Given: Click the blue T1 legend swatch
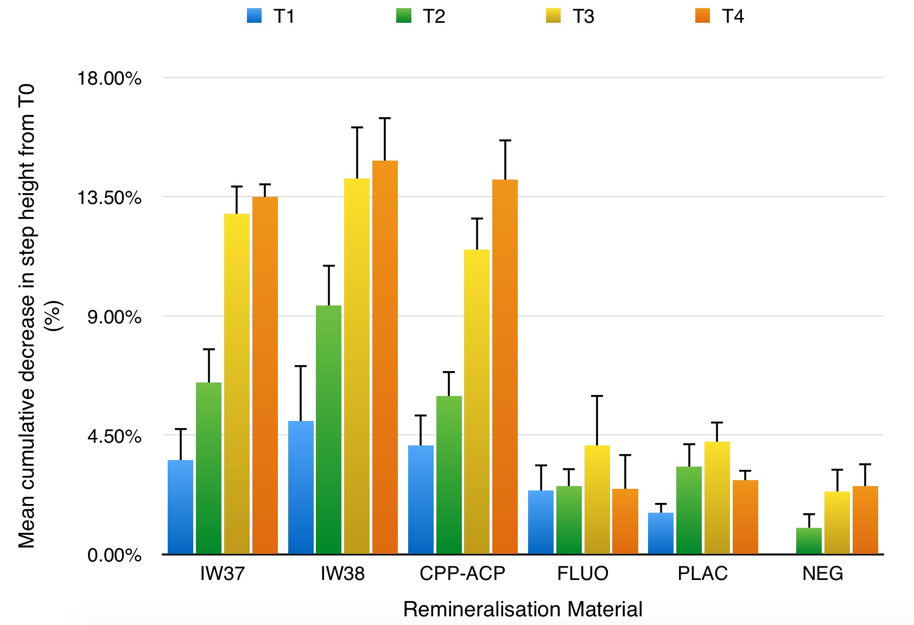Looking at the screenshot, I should click(x=254, y=15).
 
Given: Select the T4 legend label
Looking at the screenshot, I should click(x=732, y=16).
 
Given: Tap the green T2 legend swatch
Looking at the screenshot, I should click(x=404, y=15).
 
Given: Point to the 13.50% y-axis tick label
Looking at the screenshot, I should click(x=109, y=197).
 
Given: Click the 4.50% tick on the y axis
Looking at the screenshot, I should click(x=114, y=436).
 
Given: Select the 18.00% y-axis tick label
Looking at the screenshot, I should click(x=109, y=78).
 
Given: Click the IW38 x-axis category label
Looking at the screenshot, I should click(x=342, y=573).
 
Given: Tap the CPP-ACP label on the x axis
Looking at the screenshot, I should click(x=462, y=573).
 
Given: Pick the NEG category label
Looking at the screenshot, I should click(x=823, y=573).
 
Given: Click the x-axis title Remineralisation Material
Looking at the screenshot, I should click(x=522, y=609).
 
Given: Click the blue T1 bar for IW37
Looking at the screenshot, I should click(x=180, y=507).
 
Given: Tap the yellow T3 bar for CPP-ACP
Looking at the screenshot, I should click(x=477, y=401).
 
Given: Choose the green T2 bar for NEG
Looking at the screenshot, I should click(x=809, y=540).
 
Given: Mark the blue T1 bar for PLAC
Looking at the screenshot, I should click(x=661, y=533).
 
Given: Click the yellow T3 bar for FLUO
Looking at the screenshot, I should click(x=597, y=499).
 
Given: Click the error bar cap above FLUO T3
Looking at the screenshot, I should click(x=597, y=396).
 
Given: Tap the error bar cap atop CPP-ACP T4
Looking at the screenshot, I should click(x=505, y=141).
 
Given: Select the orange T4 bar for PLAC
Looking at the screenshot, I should click(x=745, y=516).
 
